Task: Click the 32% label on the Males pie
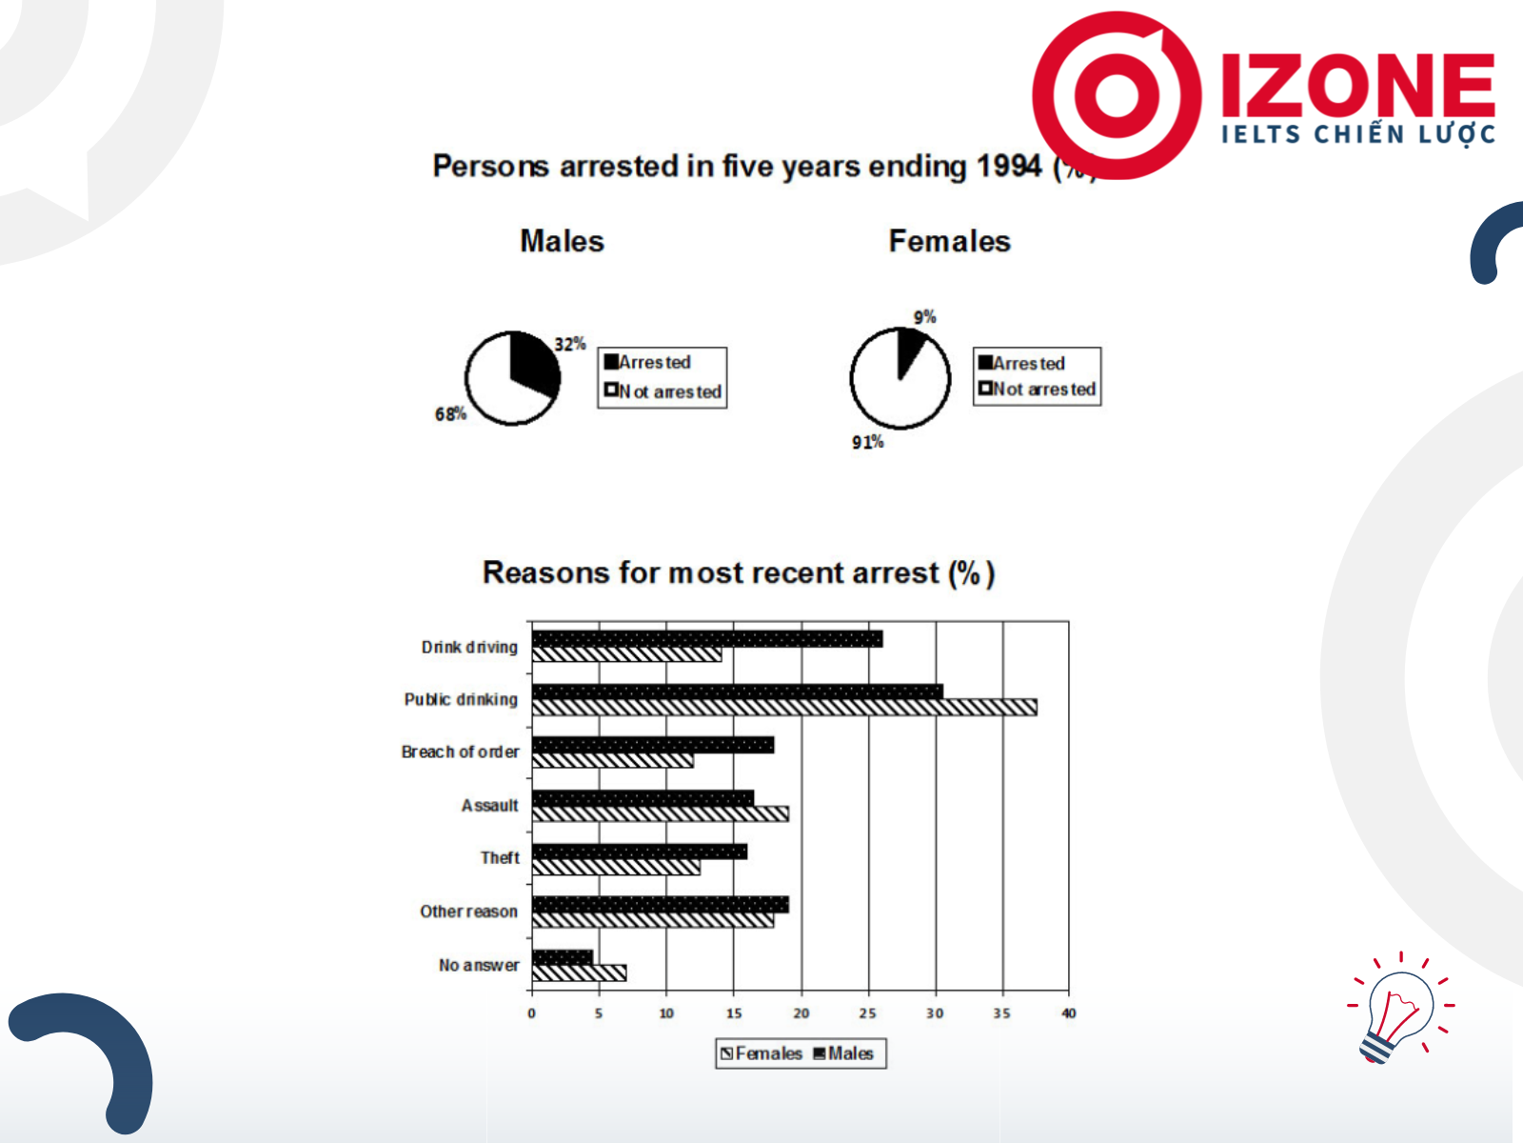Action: [569, 344]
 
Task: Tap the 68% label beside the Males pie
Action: [450, 414]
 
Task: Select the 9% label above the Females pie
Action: [924, 317]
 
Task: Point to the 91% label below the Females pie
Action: [867, 442]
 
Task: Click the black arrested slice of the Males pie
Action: [533, 365]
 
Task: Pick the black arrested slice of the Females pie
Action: [909, 347]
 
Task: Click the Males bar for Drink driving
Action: [707, 638]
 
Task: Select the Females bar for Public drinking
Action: [784, 707]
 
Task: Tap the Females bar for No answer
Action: [579, 973]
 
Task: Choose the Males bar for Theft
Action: [639, 852]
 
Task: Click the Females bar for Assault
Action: [660, 813]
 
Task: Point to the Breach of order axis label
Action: [460, 752]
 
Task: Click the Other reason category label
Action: [469, 912]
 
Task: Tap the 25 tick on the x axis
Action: [867, 1013]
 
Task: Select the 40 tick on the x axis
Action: [1069, 1013]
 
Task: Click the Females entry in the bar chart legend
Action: [761, 1053]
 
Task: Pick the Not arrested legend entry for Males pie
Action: [663, 391]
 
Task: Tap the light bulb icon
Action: [1399, 1009]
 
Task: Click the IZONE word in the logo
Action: [1358, 86]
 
